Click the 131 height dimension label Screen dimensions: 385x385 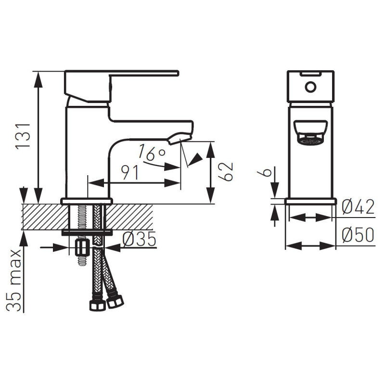pos(23,136)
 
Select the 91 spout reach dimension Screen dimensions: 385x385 pos(130,172)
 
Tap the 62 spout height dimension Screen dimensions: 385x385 pos(225,171)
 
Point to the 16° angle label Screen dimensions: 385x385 pos(152,153)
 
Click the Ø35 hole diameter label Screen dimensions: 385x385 pos(139,239)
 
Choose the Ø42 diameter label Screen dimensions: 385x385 pos(358,207)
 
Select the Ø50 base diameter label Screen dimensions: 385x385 pos(358,235)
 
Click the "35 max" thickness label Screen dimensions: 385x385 pos(14,281)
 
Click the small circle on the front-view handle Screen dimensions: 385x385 pos(310,87)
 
